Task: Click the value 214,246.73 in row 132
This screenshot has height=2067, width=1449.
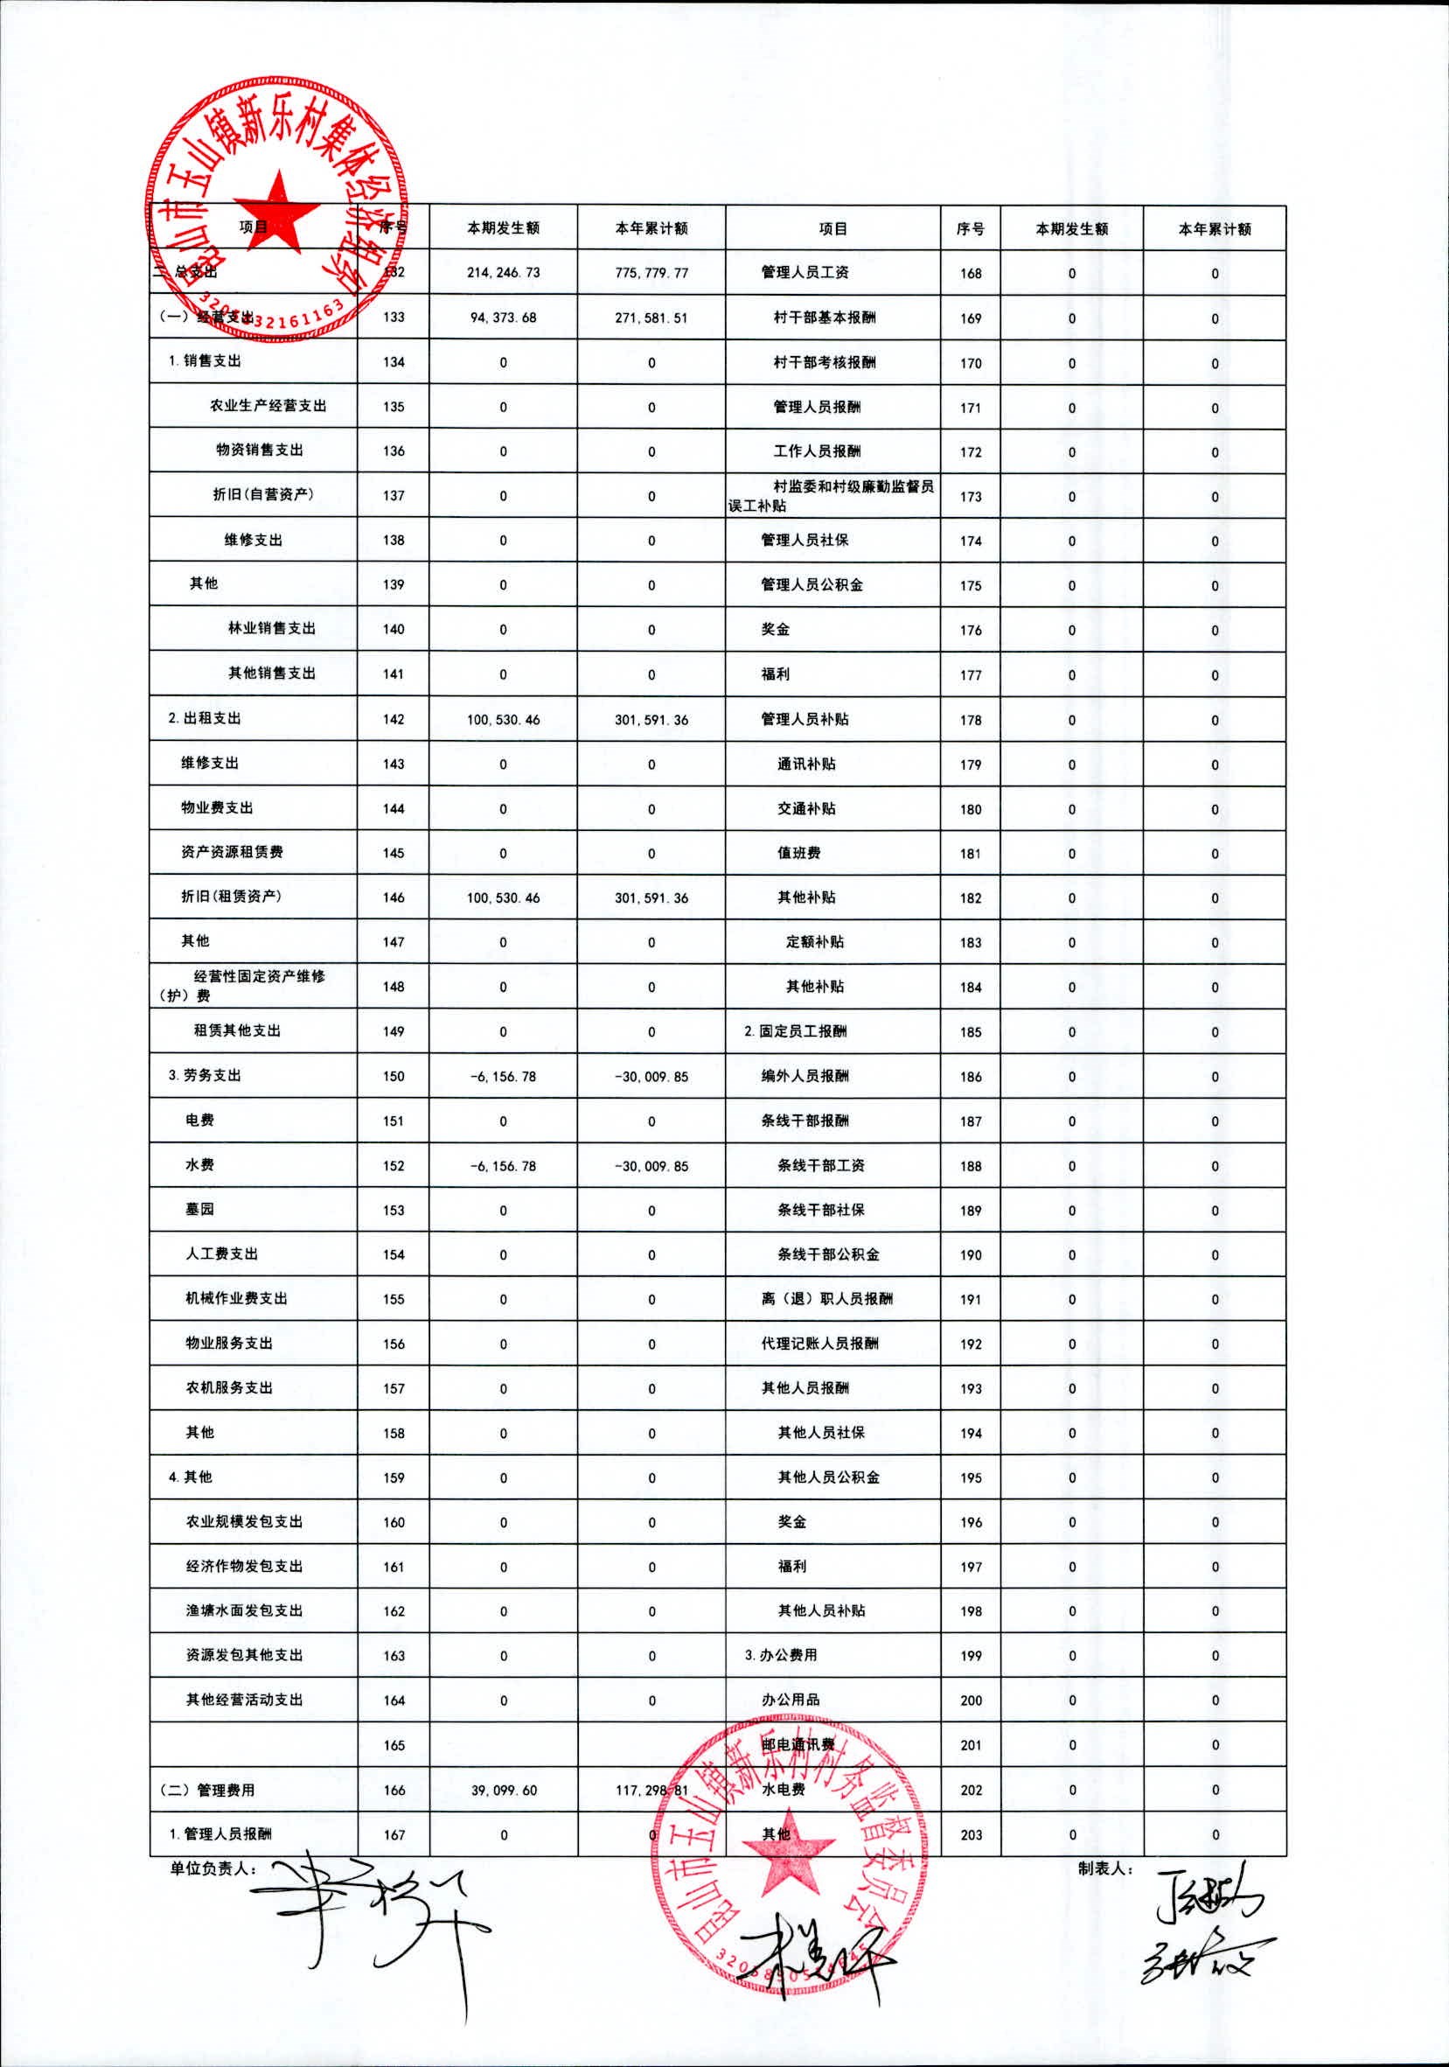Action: pos(503,273)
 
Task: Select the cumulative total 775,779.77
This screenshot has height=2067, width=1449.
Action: pos(651,273)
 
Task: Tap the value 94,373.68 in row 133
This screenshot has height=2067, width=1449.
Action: pos(503,318)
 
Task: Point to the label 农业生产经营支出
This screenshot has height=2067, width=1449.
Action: pos(268,406)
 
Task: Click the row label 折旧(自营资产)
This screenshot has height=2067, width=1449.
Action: pos(263,495)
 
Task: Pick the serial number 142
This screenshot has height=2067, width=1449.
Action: pos(394,719)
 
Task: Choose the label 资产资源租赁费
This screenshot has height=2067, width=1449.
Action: pos(233,852)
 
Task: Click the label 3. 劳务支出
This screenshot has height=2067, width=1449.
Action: pos(205,1076)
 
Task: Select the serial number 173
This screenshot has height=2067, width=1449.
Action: pos(970,497)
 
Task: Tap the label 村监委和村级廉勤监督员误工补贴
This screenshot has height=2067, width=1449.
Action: pos(832,496)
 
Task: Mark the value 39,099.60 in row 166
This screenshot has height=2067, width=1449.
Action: pos(503,1791)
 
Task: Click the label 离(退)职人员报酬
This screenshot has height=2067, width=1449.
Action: pos(826,1299)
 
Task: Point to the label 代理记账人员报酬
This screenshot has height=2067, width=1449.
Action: pos(819,1344)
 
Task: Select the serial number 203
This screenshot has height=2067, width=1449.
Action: pos(970,1834)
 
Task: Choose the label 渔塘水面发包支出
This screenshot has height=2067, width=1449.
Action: pos(244,1610)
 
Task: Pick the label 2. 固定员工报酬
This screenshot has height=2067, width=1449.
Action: pos(795,1031)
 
